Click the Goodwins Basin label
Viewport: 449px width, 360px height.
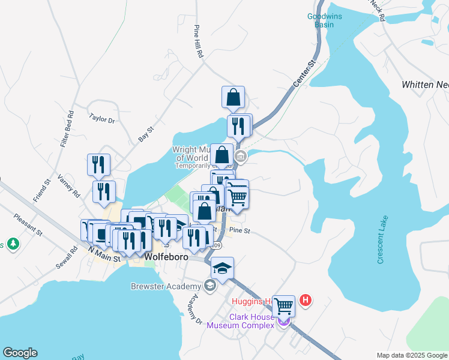pyautogui.click(x=324, y=20)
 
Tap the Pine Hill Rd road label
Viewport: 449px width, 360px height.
pyautogui.click(x=199, y=41)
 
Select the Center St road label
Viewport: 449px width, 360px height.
pyautogui.click(x=305, y=75)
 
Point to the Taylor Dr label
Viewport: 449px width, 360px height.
pyautogui.click(x=101, y=119)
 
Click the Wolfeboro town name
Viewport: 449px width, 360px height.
pyautogui.click(x=166, y=257)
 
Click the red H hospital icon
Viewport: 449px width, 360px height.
pyautogui.click(x=306, y=300)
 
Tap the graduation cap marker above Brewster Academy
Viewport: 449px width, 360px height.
pyautogui.click(x=221, y=268)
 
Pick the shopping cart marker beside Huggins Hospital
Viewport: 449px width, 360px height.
pyautogui.click(x=284, y=306)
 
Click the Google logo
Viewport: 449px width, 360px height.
pyautogui.click(x=20, y=353)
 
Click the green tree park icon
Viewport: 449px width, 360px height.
pyautogui.click(x=11, y=244)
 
